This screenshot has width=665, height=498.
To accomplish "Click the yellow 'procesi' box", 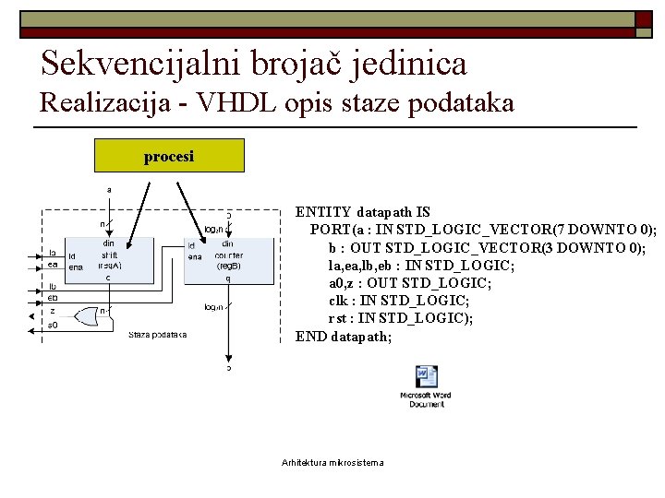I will (x=169, y=156).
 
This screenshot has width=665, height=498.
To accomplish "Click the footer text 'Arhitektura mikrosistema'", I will (x=332, y=462).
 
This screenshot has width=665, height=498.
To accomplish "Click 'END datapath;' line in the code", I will (x=344, y=337).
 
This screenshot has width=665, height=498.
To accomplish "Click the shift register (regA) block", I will (x=109, y=257).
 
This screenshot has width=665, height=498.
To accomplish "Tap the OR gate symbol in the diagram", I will (x=90, y=316).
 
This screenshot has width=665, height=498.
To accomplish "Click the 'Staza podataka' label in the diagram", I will (x=157, y=334).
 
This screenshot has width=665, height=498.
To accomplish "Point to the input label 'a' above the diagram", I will (x=110, y=190).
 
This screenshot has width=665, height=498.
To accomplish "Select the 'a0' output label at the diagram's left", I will (x=53, y=326).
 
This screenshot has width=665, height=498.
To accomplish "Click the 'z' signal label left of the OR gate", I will (x=52, y=311).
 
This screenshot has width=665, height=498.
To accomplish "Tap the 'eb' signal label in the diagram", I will (x=53, y=298).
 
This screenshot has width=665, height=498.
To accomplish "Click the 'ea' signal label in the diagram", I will (x=53, y=265).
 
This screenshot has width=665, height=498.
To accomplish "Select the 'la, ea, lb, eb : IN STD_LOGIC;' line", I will (x=421, y=266).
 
